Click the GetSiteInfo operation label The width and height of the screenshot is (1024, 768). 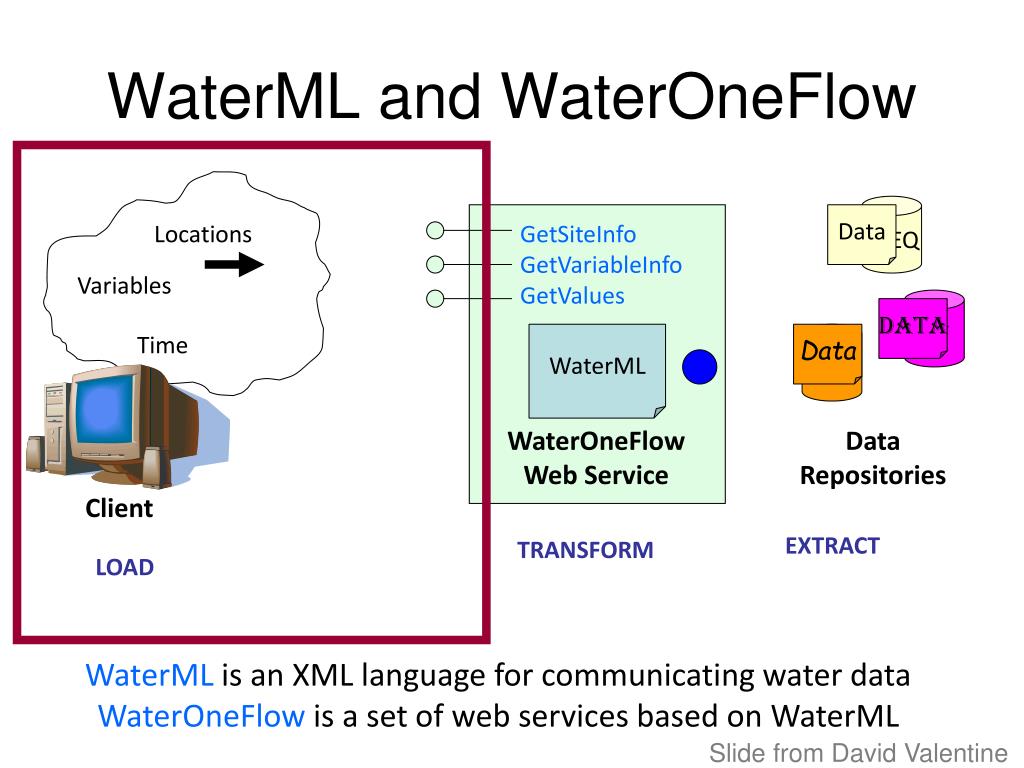578,234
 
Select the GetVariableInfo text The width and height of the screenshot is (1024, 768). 601,265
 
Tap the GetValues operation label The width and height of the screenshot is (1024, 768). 572,296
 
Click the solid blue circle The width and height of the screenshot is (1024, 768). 699,367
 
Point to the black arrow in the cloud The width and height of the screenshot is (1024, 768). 234,264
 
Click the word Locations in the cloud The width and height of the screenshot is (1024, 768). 203,234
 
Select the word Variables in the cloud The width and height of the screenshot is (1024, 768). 124,286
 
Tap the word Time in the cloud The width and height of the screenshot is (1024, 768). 162,345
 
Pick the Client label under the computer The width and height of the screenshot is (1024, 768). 119,508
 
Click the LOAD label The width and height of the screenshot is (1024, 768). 125,568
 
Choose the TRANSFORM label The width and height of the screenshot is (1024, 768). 585,550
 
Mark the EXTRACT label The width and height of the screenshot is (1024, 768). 833,546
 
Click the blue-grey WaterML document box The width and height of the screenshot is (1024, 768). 597,371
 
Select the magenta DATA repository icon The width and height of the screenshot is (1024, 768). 921,328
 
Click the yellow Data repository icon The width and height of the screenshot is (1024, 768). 874,234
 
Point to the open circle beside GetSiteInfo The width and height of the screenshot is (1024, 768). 435,230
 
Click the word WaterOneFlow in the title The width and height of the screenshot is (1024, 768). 709,97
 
